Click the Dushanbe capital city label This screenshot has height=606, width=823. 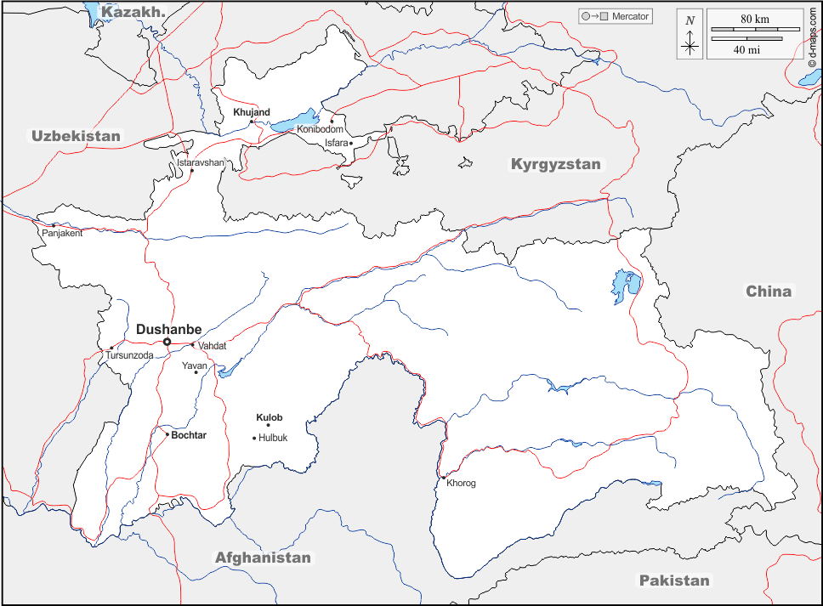click(x=168, y=329)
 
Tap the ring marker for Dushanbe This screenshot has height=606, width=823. click(x=167, y=342)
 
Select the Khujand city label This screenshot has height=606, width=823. click(x=252, y=112)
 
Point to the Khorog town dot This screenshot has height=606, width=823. click(x=443, y=478)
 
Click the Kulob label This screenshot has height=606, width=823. click(x=270, y=417)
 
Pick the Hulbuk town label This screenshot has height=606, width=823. click(x=273, y=438)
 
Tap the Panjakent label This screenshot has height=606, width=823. click(x=62, y=233)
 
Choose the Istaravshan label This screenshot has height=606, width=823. click(x=201, y=161)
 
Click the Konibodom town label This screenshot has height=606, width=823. click(x=320, y=129)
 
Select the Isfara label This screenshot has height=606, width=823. click(x=337, y=143)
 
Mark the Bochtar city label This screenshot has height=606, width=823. click(x=189, y=435)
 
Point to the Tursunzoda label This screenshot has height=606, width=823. click(x=129, y=355)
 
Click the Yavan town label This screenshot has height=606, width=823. click(x=194, y=365)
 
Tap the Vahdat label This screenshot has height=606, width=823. click(x=212, y=346)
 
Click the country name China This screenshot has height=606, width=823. click(x=769, y=292)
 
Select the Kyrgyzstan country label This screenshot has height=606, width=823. click(x=555, y=164)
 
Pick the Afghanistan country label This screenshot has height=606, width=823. click(x=263, y=558)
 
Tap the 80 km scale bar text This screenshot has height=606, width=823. click(x=756, y=19)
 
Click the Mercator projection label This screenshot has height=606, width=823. click(x=630, y=16)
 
